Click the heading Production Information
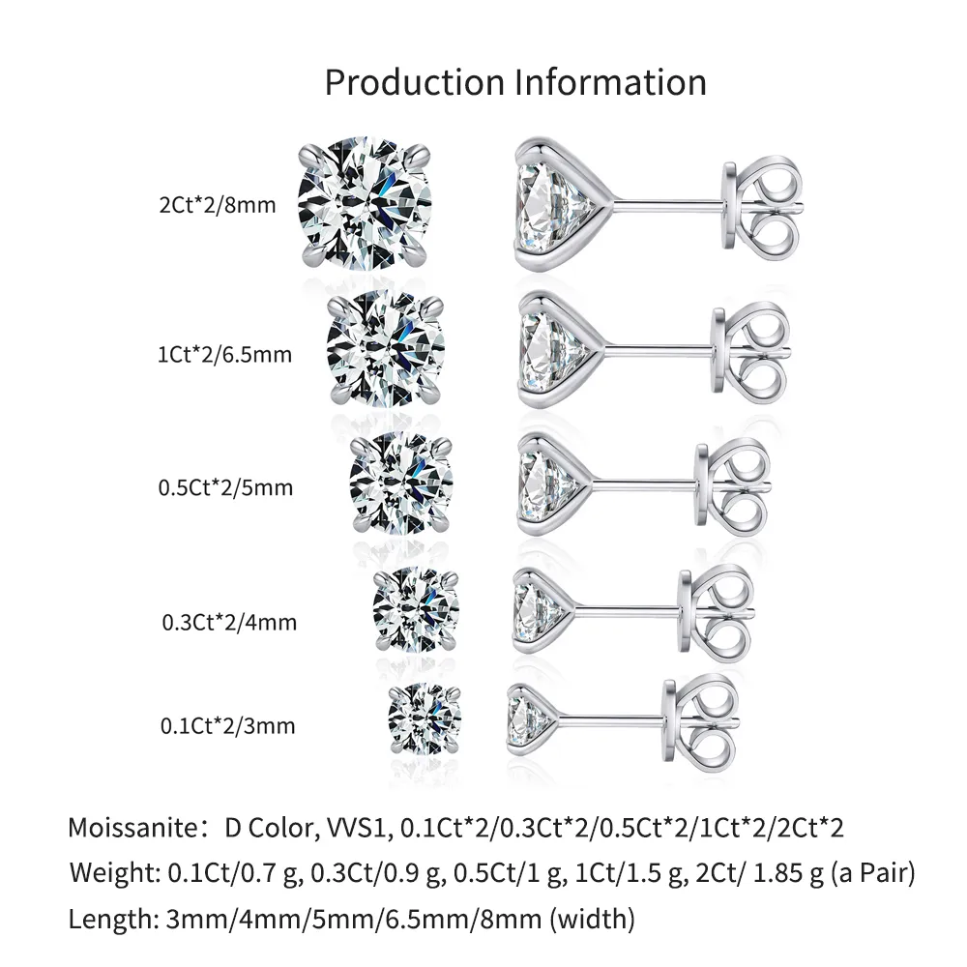pos(514,82)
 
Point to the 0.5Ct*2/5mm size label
pos(224,487)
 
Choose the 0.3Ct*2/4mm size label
pos(229,622)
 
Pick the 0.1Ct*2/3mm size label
pos(227,724)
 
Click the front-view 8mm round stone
pos(365,204)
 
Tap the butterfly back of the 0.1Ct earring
pos(703,718)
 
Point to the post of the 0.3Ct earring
pos(629,611)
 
